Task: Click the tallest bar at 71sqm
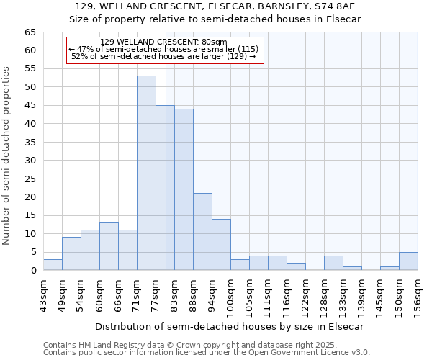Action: [x=146, y=173]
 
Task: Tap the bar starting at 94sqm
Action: [x=221, y=245]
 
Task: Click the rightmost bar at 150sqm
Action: [x=408, y=261]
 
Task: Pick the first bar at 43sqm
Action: [x=53, y=265]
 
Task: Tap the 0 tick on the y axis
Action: [x=33, y=271]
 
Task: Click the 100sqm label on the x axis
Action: [x=230, y=295]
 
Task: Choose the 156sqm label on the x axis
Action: [x=418, y=295]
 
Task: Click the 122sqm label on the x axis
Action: [x=305, y=295]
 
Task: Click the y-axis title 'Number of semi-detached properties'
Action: [x=7, y=155]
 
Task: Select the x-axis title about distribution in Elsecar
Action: [x=230, y=326]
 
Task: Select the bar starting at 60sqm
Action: [x=109, y=247]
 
